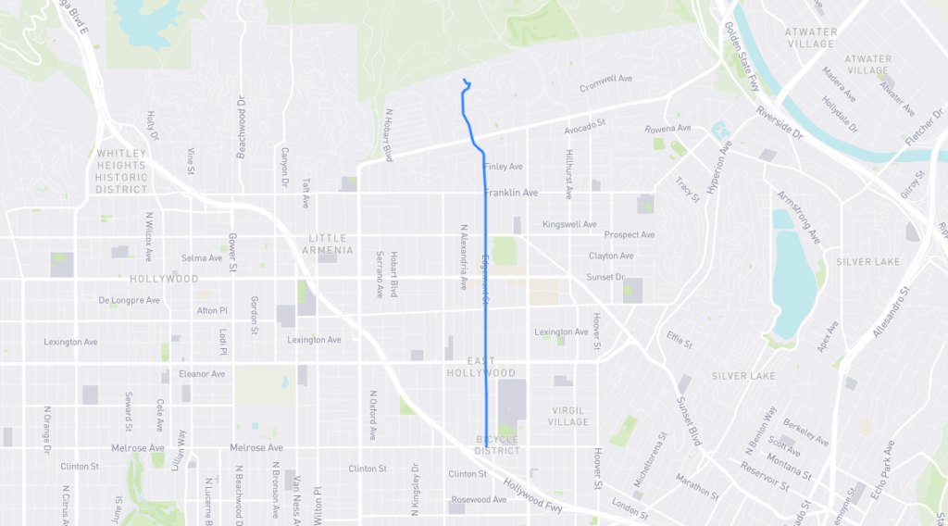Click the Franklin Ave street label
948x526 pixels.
510,193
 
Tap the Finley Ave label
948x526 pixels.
503,167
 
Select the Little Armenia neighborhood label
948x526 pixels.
331,244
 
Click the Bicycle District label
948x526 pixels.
497,445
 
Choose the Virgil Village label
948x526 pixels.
568,416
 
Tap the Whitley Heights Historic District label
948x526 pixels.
121,171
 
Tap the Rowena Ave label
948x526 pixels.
668,129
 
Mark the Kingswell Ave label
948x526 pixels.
570,224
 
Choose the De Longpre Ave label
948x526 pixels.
130,300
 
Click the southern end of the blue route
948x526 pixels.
486,434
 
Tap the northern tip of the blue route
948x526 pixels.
463,81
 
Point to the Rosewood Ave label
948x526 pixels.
479,500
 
